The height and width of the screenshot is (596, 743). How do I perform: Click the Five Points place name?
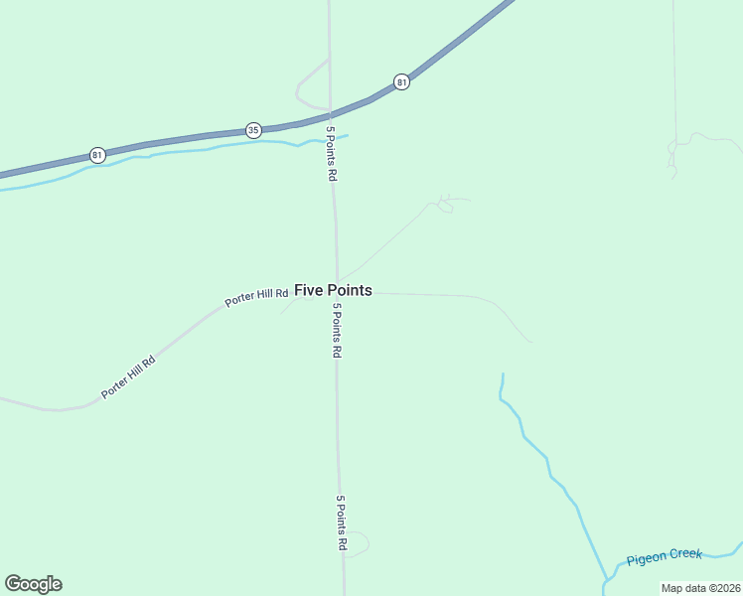click(334, 290)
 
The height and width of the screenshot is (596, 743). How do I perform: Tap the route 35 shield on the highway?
click(253, 130)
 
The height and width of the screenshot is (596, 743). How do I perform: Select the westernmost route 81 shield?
click(97, 155)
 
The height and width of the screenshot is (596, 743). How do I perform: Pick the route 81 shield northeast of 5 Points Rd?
click(401, 81)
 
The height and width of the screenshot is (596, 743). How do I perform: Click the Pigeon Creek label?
click(664, 559)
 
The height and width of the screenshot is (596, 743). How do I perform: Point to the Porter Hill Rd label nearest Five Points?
click(256, 297)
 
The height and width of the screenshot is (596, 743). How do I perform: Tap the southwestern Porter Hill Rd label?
click(129, 377)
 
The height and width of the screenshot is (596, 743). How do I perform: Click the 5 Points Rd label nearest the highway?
click(332, 153)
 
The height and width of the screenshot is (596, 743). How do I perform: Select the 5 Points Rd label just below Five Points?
click(338, 332)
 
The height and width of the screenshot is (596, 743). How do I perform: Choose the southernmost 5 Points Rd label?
click(341, 523)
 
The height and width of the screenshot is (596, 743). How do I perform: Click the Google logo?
click(33, 584)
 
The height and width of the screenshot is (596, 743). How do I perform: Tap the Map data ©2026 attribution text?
click(700, 587)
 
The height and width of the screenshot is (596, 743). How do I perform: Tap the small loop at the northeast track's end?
click(445, 206)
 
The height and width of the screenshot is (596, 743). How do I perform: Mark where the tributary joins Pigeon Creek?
click(605, 577)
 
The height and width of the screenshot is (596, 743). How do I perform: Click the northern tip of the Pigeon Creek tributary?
click(503, 375)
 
